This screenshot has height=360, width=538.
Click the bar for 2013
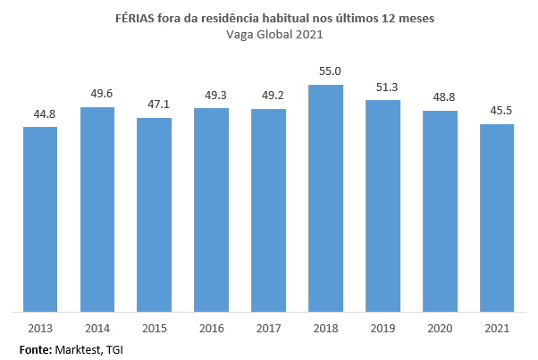click(x=40, y=219)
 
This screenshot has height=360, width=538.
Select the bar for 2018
click(x=325, y=198)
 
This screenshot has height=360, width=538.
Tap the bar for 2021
click(x=497, y=218)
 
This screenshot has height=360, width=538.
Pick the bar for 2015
click(x=155, y=214)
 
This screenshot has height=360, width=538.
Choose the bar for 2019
click(x=382, y=205)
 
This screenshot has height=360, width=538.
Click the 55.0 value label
click(x=325, y=71)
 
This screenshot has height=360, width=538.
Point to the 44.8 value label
click(x=40, y=113)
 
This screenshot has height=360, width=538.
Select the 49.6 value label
click(x=97, y=93)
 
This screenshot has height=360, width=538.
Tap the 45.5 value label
click(x=497, y=110)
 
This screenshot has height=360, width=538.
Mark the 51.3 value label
click(x=382, y=86)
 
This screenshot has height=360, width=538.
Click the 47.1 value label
click(x=155, y=104)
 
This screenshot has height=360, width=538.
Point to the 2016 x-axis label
click(x=212, y=328)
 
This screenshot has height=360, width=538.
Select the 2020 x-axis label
click(x=440, y=328)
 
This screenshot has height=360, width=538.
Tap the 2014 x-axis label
click(x=97, y=328)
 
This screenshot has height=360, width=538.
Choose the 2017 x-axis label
click(x=269, y=328)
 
